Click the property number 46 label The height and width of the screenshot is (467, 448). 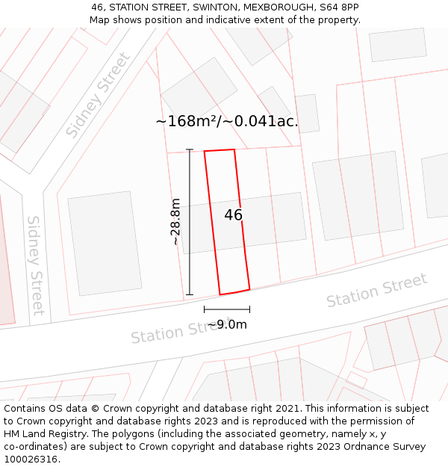(x=233, y=215)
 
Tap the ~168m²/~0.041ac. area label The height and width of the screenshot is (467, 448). (x=227, y=121)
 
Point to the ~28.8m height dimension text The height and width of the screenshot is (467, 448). (x=175, y=222)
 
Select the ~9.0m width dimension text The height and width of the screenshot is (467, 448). (x=227, y=324)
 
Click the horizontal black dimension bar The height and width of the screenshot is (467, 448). (x=227, y=309)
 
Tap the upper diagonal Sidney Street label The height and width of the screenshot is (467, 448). (x=98, y=95)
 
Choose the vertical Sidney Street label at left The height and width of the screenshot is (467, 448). (x=35, y=265)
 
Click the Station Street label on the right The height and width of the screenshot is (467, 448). (x=377, y=290)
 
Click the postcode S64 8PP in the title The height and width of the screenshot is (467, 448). (x=340, y=7)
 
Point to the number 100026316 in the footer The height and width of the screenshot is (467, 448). (x=30, y=460)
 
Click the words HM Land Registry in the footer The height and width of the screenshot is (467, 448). (x=43, y=434)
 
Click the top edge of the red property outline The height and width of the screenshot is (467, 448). (x=220, y=150)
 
